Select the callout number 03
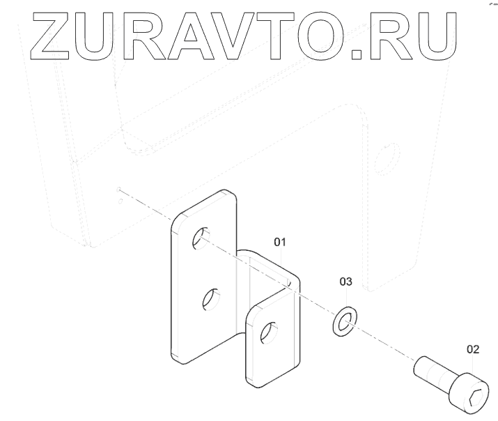click(x=345, y=282)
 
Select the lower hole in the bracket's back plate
click(x=208, y=300)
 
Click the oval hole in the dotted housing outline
click(x=386, y=158)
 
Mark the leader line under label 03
click(x=345, y=296)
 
